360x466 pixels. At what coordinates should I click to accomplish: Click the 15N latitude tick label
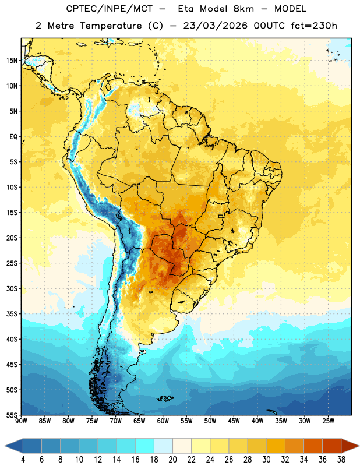tap(12, 61)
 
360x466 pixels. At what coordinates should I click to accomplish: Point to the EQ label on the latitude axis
tap(13, 137)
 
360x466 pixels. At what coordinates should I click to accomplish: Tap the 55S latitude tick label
tap(12, 415)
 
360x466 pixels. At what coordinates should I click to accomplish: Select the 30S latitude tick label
tap(12, 288)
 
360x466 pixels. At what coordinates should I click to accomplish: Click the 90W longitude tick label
tap(21, 421)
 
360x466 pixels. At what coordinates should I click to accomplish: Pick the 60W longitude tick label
tap(163, 421)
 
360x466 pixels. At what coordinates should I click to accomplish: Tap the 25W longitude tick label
tap(328, 421)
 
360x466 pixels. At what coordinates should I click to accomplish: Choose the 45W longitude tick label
tap(234, 421)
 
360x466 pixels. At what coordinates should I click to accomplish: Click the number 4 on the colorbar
tap(23, 460)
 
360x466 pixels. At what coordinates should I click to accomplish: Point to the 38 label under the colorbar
tap(341, 460)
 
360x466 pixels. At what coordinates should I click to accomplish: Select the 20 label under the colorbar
tap(172, 460)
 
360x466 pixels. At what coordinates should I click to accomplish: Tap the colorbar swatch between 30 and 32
tap(276, 446)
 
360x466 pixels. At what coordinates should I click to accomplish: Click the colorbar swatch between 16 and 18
tap(145, 446)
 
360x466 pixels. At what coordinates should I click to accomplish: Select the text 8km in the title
tap(243, 9)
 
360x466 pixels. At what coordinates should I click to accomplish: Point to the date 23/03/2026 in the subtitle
tap(215, 26)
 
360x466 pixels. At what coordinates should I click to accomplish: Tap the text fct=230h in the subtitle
tap(314, 26)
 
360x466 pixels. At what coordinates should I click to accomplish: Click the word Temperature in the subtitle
tap(111, 26)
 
